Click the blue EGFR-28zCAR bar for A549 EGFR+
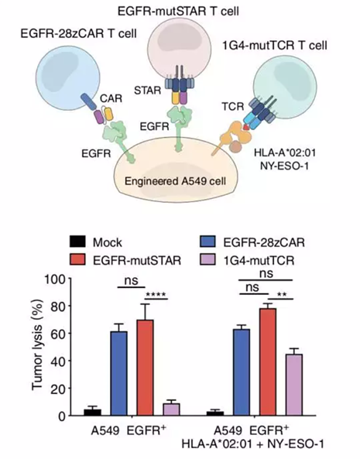tap(118, 374)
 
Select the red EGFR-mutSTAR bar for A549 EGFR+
tap(146, 368)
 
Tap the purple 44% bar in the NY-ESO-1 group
tap(294, 385)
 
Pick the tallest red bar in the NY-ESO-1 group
tap(268, 362)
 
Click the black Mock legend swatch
tap(77, 241)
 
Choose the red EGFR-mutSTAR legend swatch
tap(77, 259)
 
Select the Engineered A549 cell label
tap(175, 181)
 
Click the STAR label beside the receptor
tap(148, 91)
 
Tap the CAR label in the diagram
tap(111, 98)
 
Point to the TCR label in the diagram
tap(233, 107)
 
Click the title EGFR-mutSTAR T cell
tap(178, 11)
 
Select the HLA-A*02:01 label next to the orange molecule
tap(285, 152)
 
